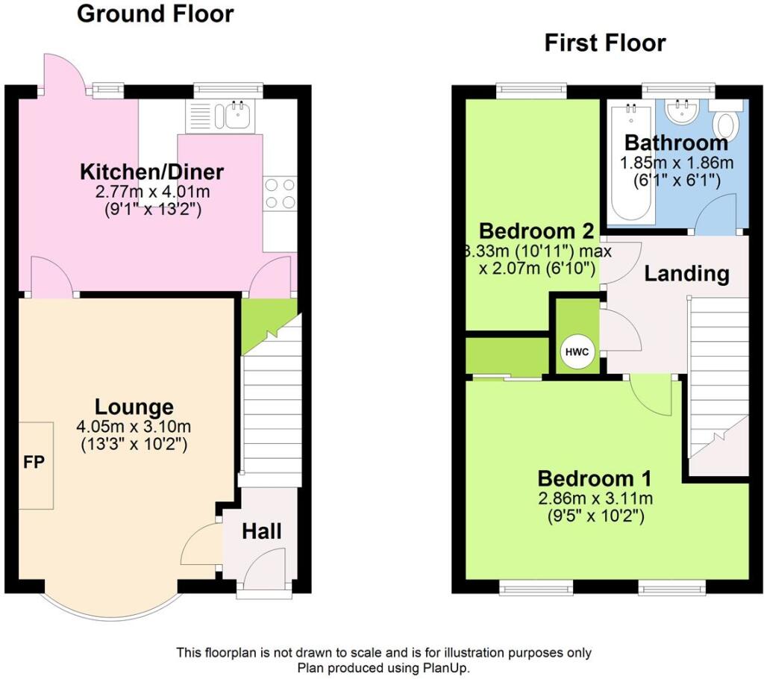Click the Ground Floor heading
click(x=155, y=13)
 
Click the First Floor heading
click(x=604, y=43)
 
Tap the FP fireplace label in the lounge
click(x=34, y=462)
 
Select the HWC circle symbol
click(x=577, y=352)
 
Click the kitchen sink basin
click(x=238, y=116)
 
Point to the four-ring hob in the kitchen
click(x=280, y=193)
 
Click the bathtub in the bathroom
click(x=632, y=163)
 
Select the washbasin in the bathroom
click(x=682, y=111)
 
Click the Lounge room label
click(x=134, y=407)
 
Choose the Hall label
click(x=262, y=531)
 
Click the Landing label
click(x=686, y=274)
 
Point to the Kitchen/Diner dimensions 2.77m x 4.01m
click(x=152, y=192)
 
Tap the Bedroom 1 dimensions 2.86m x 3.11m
click(x=595, y=498)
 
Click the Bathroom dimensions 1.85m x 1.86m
click(x=676, y=163)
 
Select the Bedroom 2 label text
click(x=536, y=231)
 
